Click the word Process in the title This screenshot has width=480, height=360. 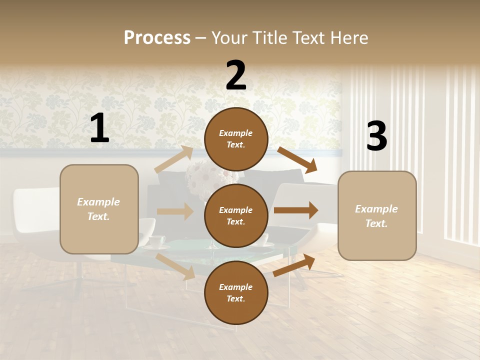click(x=157, y=38)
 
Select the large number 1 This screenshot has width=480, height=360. click(x=99, y=128)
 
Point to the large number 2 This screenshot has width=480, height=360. click(x=236, y=75)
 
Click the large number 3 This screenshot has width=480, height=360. click(x=376, y=136)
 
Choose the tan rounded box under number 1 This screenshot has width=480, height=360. click(x=99, y=209)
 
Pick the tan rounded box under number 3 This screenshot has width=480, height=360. click(x=377, y=215)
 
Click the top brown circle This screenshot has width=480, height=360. click(x=236, y=139)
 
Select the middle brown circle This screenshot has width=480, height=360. click(x=236, y=215)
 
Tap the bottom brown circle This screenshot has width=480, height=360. click(x=236, y=292)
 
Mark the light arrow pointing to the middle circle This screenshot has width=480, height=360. click(x=175, y=211)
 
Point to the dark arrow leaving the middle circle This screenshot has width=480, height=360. click(x=296, y=210)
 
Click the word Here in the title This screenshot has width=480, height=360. click(x=348, y=38)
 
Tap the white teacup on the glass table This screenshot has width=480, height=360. click(x=156, y=241)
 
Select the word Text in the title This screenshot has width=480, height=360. click(x=308, y=38)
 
